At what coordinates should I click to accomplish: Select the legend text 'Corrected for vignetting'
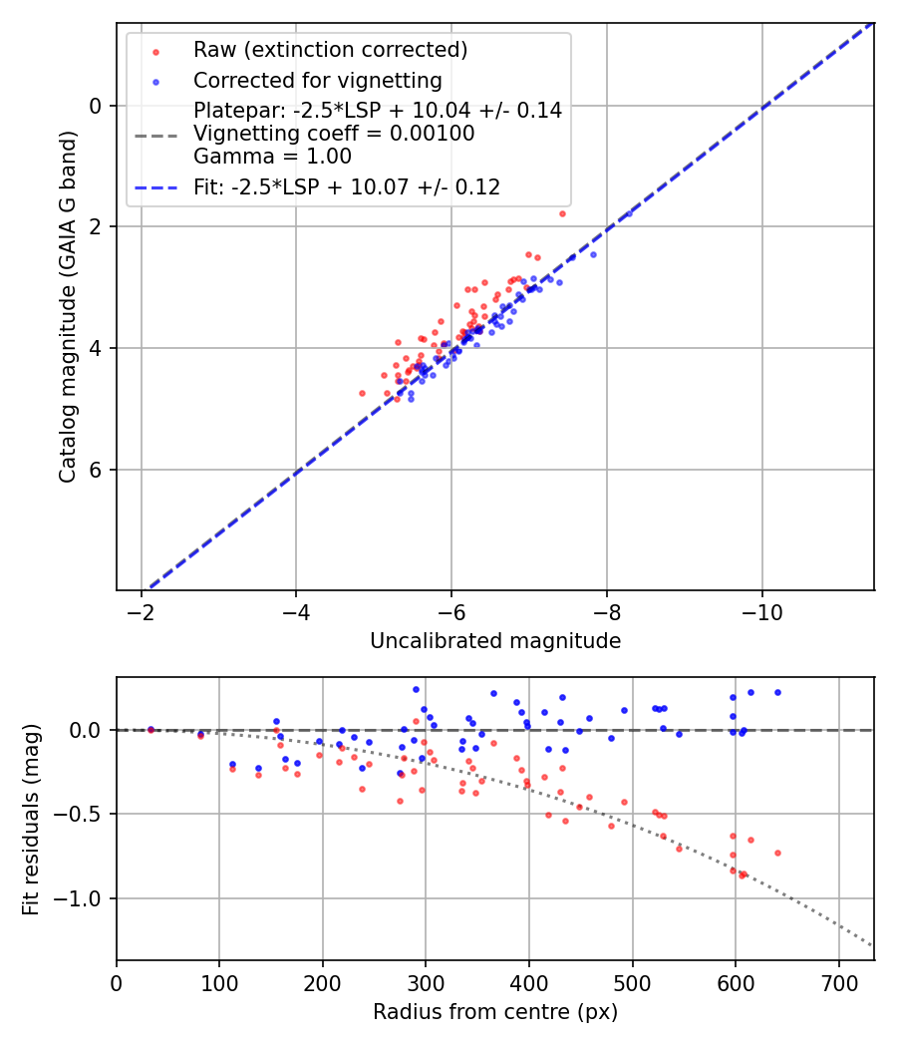pos(317,81)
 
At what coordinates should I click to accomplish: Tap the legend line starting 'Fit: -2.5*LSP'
pos(347,186)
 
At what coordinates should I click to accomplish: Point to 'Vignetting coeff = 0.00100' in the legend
pos(334,134)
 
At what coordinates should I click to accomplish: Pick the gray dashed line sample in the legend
pos(154,134)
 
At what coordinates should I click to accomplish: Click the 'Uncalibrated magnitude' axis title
pos(495,641)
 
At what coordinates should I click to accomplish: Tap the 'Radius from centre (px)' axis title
pos(495,1012)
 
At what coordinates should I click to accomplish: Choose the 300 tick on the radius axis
pos(426,982)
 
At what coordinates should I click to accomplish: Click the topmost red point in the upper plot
pos(562,213)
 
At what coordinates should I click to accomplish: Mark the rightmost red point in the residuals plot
pos(777,853)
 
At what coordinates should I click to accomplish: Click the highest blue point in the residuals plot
pos(416,689)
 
